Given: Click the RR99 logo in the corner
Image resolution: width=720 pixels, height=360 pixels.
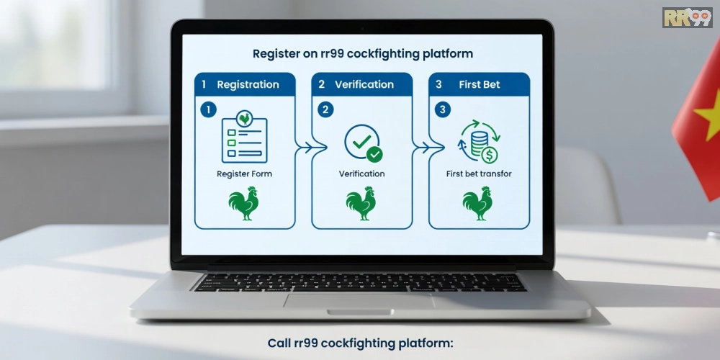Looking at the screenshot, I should coord(687,17).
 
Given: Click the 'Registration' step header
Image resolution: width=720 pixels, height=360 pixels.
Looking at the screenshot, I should coord(248,84).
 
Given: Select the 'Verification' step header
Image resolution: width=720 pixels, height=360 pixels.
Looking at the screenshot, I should coord(364,84).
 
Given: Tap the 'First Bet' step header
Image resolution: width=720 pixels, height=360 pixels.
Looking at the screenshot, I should coord(480,84).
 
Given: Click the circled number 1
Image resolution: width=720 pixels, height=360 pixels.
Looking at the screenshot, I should coord(209,110).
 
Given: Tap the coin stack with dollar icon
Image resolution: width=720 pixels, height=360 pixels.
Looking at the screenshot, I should coord(479,142).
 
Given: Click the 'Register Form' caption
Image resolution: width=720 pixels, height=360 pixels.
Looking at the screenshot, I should coord(244,174).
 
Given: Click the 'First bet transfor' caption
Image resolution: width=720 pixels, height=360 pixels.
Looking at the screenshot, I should coord(479,174).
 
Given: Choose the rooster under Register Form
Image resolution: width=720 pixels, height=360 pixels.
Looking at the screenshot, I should coord(243,204).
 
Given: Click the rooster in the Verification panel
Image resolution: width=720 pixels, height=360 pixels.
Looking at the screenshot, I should coord(361,204).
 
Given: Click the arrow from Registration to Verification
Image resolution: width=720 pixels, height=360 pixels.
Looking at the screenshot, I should coord(305,148).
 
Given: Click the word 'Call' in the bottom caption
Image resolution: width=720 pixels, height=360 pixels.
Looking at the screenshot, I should coord(279,343).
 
